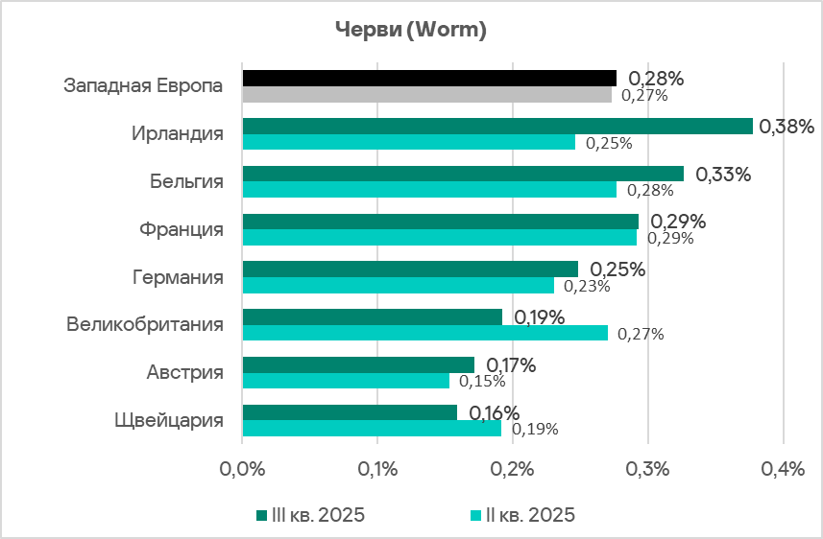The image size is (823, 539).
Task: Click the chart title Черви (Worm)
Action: (411, 31)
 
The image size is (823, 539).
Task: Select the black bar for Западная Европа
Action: (429, 78)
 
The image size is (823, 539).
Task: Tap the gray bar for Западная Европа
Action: (426, 95)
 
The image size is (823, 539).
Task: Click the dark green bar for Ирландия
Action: (497, 126)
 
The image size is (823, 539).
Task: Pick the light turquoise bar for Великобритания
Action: (424, 333)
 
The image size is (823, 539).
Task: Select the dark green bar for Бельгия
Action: (463, 174)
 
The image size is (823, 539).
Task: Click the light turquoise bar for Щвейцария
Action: (372, 429)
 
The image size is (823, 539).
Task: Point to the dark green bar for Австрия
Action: (358, 364)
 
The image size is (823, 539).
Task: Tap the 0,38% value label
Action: (787, 126)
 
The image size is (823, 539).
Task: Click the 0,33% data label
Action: (723, 174)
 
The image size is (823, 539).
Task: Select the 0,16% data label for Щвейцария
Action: (495, 412)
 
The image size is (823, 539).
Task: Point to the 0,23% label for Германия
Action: (587, 286)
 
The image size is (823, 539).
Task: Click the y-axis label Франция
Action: (182, 230)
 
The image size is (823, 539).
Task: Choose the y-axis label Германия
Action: (178, 278)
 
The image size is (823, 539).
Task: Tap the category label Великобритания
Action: (145, 324)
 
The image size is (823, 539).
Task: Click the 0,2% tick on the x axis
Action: (513, 469)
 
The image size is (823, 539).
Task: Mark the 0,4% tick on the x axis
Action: (784, 469)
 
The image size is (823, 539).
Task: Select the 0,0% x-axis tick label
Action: (242, 469)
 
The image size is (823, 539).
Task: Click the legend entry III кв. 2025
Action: (311, 515)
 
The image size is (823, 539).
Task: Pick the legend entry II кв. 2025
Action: (522, 515)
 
